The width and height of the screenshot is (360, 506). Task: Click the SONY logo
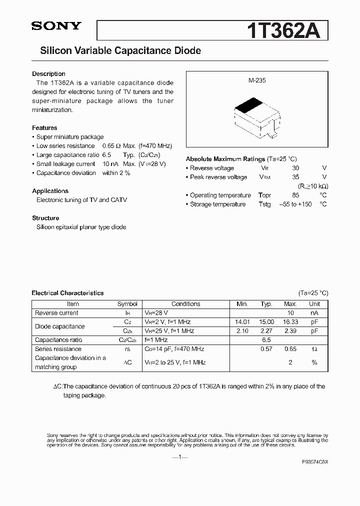56,27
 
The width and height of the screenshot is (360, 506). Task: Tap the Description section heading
48,74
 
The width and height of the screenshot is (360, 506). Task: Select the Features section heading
44,128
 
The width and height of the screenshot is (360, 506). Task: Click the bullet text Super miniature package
70,137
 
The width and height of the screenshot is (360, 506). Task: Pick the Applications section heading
50,191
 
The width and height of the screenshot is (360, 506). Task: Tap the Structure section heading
45,218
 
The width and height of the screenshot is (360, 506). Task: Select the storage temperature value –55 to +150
295,204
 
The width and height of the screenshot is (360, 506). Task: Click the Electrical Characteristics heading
67,293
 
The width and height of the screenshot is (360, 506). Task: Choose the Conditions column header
185,304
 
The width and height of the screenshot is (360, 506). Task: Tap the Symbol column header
127,304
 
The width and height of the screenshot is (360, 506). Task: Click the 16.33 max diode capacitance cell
290,322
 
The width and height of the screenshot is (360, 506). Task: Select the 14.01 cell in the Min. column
242,322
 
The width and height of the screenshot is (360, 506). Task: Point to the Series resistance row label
58,349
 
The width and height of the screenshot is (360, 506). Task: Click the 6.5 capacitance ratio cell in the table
266,340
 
